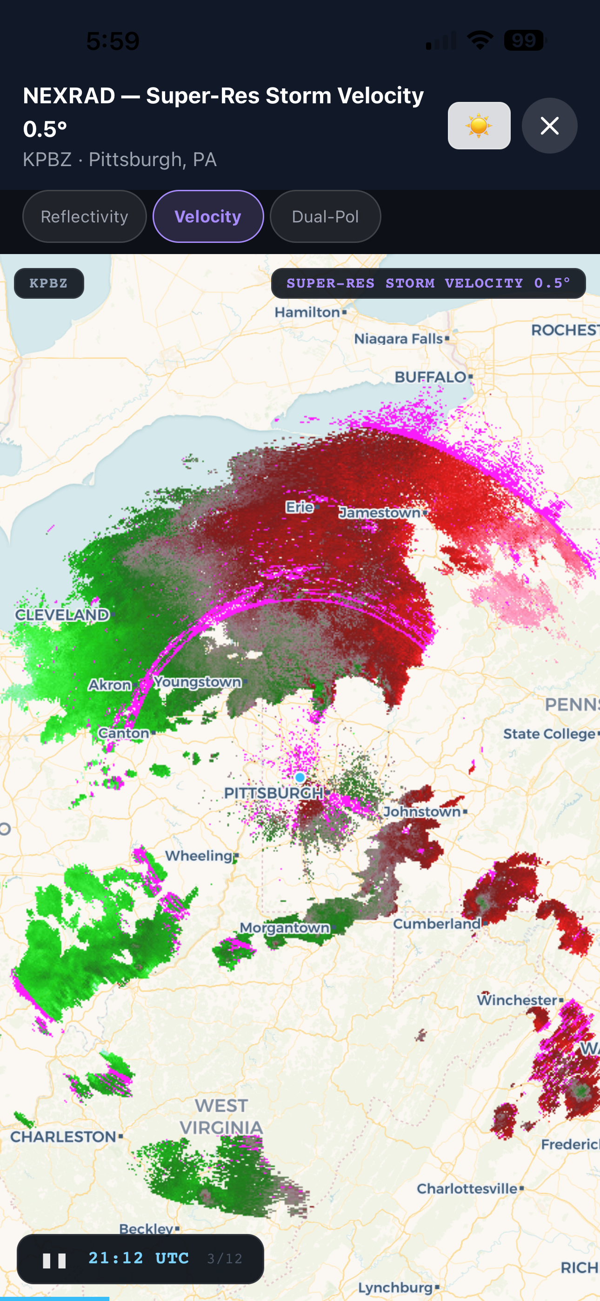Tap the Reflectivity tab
pyautogui.click(x=84, y=217)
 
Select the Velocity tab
pyautogui.click(x=208, y=217)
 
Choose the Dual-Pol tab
pyautogui.click(x=325, y=217)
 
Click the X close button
pyautogui.click(x=549, y=126)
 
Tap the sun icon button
pyautogui.click(x=479, y=126)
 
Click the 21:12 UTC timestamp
pyautogui.click(x=139, y=1258)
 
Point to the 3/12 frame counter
pyautogui.click(x=225, y=1259)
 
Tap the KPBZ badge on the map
pyautogui.click(x=49, y=283)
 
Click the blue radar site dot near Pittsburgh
pyautogui.click(x=300, y=777)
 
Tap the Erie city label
pyautogui.click(x=300, y=507)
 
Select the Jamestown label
pyautogui.click(x=380, y=513)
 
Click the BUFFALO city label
pyautogui.click(x=430, y=377)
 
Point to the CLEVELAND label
pyautogui.click(x=61, y=615)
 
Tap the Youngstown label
pyautogui.click(x=198, y=682)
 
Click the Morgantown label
pyautogui.click(x=284, y=928)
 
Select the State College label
pyautogui.click(x=549, y=734)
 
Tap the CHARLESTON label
pyautogui.click(x=64, y=1136)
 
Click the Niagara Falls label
pyautogui.click(x=399, y=338)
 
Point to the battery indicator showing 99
pyautogui.click(x=524, y=40)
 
